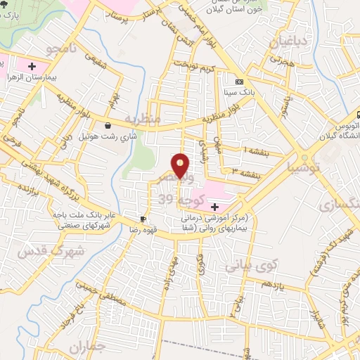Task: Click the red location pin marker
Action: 181,166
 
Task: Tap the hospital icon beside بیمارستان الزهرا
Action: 31,67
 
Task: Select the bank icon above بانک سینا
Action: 238,81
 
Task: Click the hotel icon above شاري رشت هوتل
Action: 107,125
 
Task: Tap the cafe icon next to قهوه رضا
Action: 143,219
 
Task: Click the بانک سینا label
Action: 237,91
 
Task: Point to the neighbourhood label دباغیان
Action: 287,41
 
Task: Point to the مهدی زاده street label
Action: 170,267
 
